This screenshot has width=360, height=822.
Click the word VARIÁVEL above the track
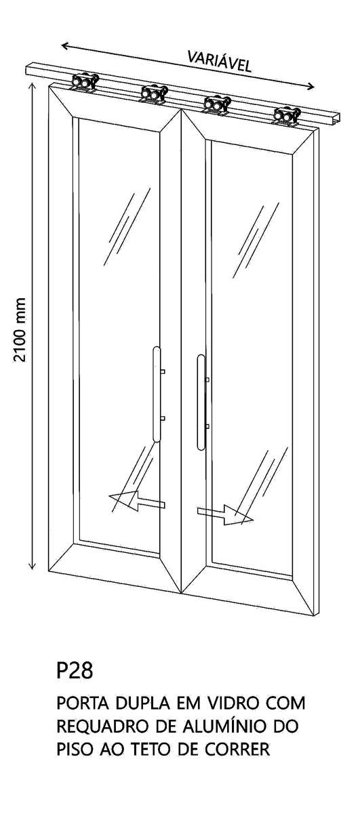pyautogui.click(x=219, y=62)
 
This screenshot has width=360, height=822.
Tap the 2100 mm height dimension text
pyautogui.click(x=20, y=330)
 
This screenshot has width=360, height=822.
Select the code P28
pyautogui.click(x=75, y=670)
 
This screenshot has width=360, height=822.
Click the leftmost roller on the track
pyautogui.click(x=85, y=83)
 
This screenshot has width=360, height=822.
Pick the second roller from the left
pyautogui.click(x=154, y=94)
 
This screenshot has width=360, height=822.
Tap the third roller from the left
pyautogui.click(x=217, y=105)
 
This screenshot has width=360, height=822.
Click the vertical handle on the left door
pyautogui.click(x=157, y=394)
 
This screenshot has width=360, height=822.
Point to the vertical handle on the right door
pyautogui.click(x=201, y=403)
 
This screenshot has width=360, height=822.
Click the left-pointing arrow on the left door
pyautogui.click(x=137, y=501)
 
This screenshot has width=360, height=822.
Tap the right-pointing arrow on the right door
pyautogui.click(x=225, y=514)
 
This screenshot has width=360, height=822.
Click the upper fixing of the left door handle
pyautogui.click(x=163, y=372)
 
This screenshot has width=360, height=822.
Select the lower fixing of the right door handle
pyautogui.click(x=207, y=426)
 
